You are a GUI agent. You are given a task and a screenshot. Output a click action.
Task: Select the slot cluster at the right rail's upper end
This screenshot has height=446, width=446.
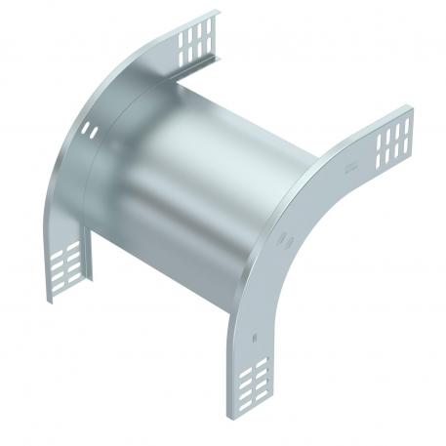tap(393, 138)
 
